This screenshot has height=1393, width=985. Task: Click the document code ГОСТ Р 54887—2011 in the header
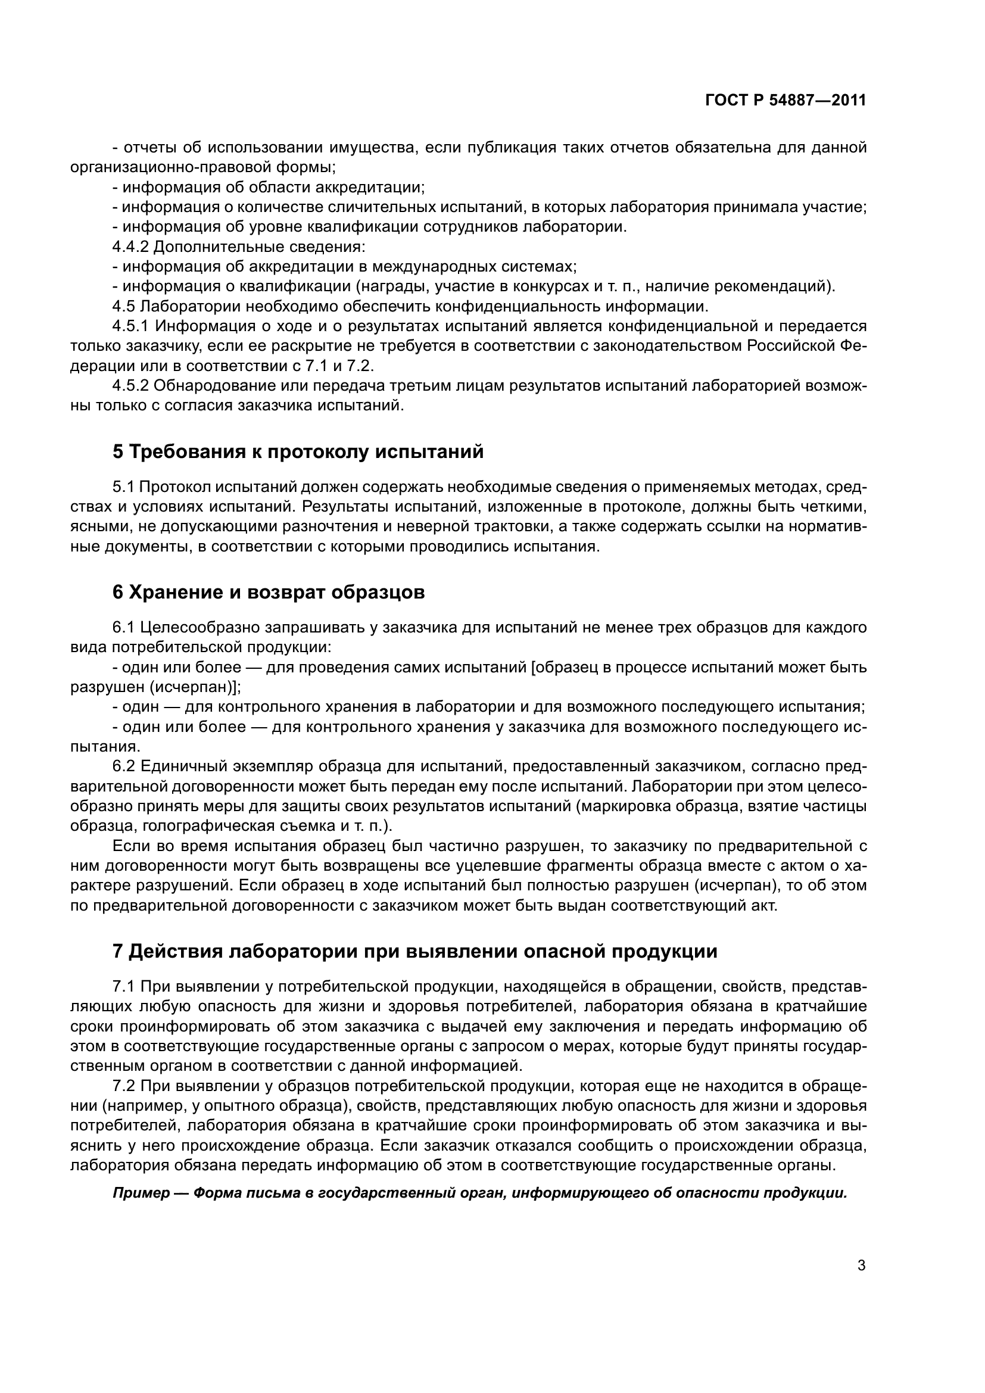coord(785,101)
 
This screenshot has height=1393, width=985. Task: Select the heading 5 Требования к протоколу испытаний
coord(298,452)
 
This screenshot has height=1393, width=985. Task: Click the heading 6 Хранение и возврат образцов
coord(269,592)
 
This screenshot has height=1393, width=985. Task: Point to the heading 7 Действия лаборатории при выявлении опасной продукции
coord(415,951)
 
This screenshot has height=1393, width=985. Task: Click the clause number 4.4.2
coord(130,247)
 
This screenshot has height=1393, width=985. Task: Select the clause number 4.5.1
coord(130,326)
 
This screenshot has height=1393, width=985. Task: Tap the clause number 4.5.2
coord(130,386)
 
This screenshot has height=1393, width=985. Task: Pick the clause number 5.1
coord(124,487)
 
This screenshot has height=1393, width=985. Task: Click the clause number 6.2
coord(124,766)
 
